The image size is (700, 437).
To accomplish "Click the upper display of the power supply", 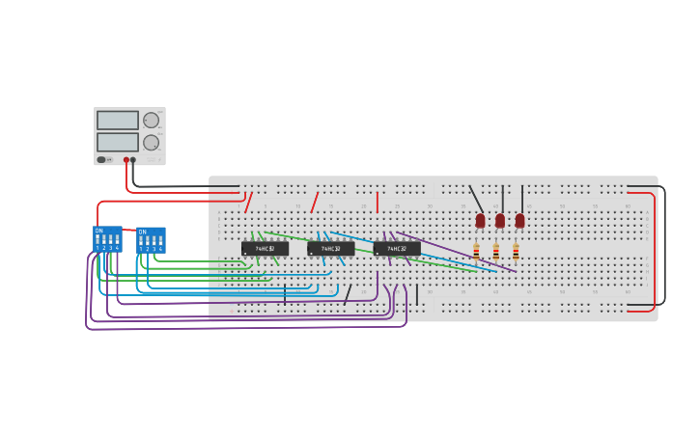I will tap(117, 121).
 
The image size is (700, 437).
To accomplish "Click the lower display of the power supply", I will tap(117, 142).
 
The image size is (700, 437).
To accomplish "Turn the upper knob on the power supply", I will tap(151, 121).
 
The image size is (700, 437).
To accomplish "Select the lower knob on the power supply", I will tap(151, 143).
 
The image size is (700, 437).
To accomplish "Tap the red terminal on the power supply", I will tap(126, 160).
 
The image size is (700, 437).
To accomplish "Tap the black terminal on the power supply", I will tap(133, 160).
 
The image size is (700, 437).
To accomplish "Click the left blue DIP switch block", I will tap(107, 239).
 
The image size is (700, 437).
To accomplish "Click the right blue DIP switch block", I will tap(151, 240).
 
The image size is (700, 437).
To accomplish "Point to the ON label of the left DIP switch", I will tap(98, 231).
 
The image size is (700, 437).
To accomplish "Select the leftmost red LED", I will tap(480, 221).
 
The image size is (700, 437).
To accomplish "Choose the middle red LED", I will tap(500, 221).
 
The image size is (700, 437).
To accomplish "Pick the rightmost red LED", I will tap(519, 221).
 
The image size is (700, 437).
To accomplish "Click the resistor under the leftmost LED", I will tap(476, 252).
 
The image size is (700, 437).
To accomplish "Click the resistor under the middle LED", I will tap(496, 252).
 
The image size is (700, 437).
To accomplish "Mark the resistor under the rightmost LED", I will tap(516, 252).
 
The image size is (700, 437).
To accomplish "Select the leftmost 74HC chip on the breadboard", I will tap(265, 249).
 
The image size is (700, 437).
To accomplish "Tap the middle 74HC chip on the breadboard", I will tap(330, 249).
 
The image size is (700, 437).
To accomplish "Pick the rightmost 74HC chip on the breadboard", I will tap(397, 249).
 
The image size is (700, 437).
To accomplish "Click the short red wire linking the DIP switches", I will tap(129, 230).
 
